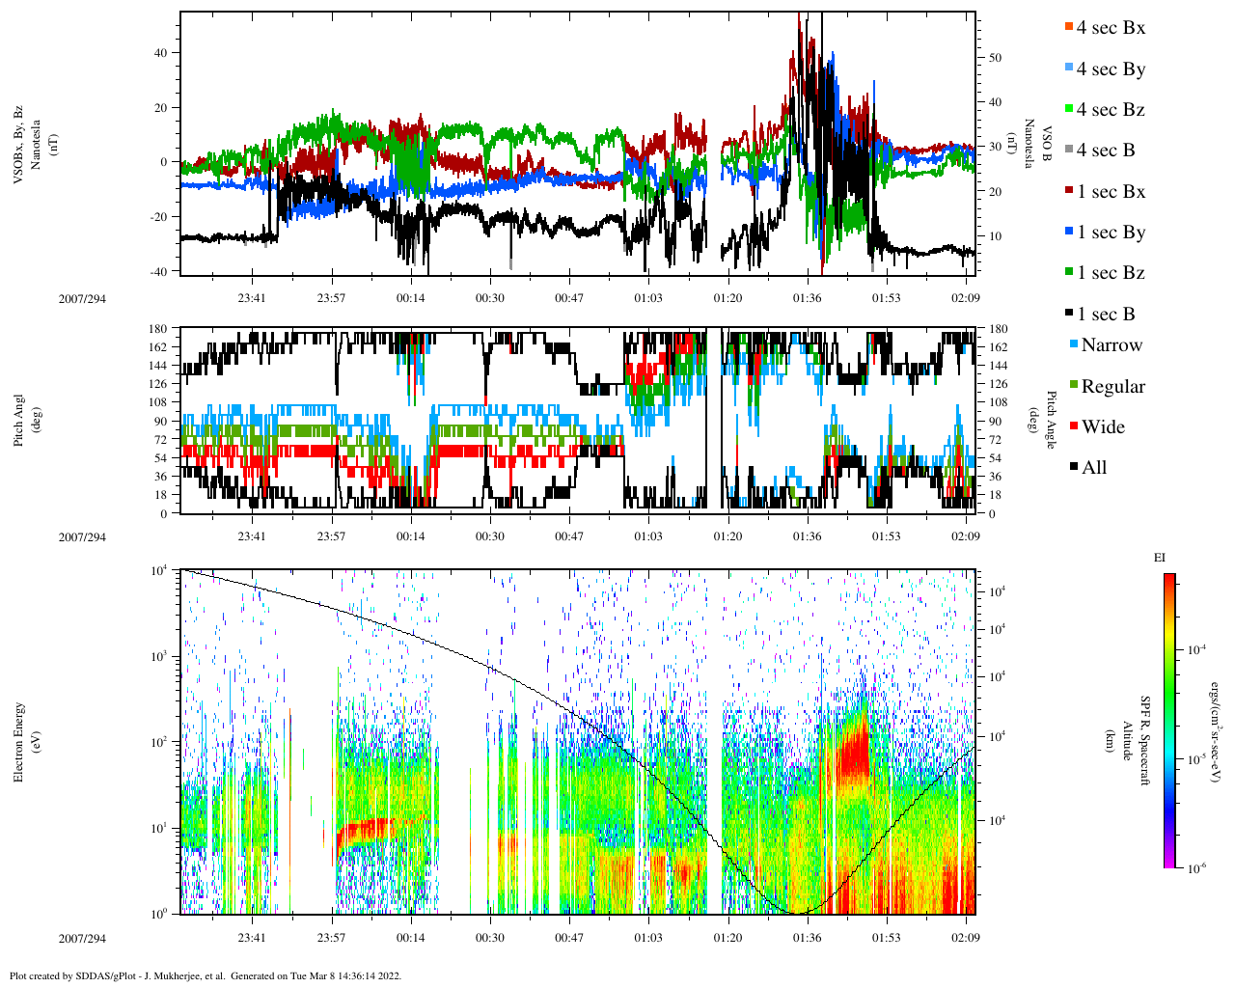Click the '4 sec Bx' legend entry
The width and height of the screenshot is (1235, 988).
[1110, 28]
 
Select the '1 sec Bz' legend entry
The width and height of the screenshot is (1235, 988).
[1110, 273]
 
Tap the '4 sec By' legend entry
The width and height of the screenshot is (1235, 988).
[1110, 69]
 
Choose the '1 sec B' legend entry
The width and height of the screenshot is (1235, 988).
[1106, 315]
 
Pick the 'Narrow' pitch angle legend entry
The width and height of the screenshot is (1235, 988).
[1111, 345]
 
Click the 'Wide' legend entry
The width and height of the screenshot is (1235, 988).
[1102, 427]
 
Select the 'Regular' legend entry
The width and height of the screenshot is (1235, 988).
[1111, 387]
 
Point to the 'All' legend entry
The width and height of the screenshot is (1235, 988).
[1093, 468]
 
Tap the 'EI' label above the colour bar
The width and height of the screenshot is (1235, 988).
[1160, 558]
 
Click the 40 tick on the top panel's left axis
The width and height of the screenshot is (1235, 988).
[160, 54]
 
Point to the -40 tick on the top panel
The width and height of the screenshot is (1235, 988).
[158, 271]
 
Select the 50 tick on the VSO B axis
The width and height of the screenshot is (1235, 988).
[995, 58]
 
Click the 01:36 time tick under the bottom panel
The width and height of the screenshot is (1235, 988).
[807, 938]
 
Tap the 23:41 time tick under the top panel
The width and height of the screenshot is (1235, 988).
[252, 298]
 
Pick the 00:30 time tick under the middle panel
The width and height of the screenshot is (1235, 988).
[490, 536]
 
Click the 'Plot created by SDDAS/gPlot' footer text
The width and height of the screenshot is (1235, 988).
[205, 975]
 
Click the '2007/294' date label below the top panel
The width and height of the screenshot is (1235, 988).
[82, 299]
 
